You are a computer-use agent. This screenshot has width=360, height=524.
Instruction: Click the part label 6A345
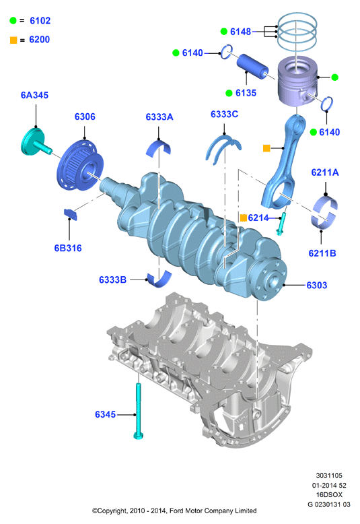coord(34,95)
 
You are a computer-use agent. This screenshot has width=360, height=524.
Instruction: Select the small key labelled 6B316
coord(71,214)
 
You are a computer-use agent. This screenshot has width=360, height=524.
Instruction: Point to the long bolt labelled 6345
coord(138,411)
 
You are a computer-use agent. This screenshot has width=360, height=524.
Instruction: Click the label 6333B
coord(112,280)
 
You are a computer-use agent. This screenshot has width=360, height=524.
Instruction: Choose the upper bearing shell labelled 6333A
coord(158,149)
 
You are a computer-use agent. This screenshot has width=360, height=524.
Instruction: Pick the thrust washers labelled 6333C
coord(223,149)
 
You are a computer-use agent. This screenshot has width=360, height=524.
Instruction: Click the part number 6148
coord(240,32)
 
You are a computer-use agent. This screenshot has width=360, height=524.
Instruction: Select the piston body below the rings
coord(297,82)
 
